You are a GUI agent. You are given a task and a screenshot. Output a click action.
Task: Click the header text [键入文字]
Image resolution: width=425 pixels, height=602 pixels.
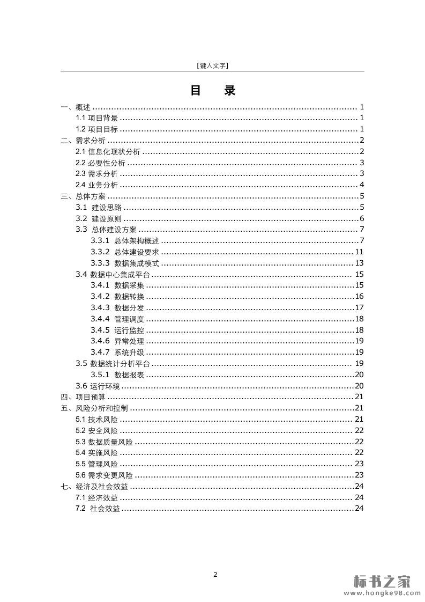click(212, 65)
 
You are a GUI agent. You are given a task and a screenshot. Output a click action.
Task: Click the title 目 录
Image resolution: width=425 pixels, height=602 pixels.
click(212, 91)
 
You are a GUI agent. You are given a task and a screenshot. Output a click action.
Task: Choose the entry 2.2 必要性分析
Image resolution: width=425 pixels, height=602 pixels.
click(100, 163)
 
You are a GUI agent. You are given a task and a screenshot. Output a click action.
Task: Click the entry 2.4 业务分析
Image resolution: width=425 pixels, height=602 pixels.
click(96, 185)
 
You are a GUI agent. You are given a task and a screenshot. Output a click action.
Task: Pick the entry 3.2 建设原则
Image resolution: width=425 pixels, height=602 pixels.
click(99, 218)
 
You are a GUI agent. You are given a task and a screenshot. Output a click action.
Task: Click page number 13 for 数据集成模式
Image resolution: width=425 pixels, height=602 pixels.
click(359, 263)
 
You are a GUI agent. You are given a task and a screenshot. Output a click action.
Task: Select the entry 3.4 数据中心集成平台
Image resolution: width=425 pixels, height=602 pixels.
click(113, 274)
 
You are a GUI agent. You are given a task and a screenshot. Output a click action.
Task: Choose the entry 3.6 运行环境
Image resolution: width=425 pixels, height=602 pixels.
click(98, 386)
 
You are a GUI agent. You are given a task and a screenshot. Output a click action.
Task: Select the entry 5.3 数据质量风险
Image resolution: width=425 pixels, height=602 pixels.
click(104, 442)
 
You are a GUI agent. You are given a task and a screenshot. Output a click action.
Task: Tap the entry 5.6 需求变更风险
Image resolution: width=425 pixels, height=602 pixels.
click(104, 475)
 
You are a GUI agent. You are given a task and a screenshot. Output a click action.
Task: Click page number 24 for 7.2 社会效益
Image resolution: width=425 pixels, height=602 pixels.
click(359, 508)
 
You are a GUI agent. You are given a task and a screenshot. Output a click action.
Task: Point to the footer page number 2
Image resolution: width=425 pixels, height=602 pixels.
click(215, 575)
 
